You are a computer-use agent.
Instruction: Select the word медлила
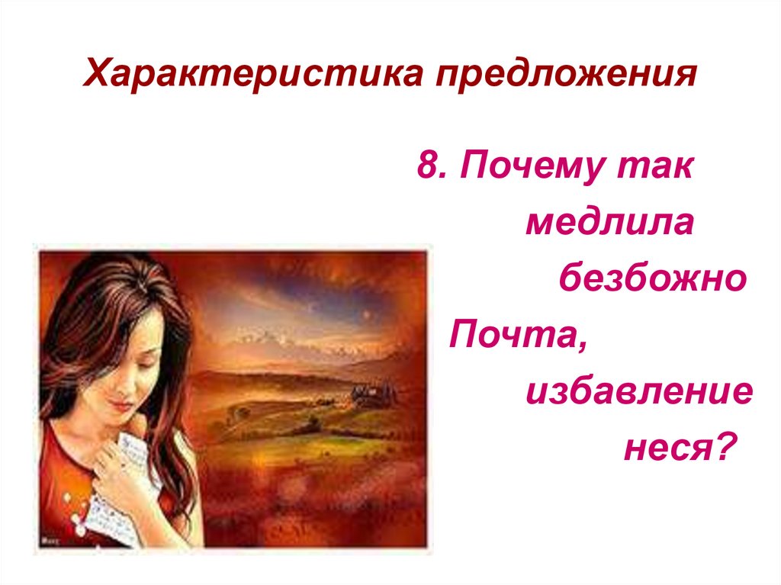pyautogui.click(x=609, y=223)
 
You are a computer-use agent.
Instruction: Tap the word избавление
pyautogui.click(x=639, y=391)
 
